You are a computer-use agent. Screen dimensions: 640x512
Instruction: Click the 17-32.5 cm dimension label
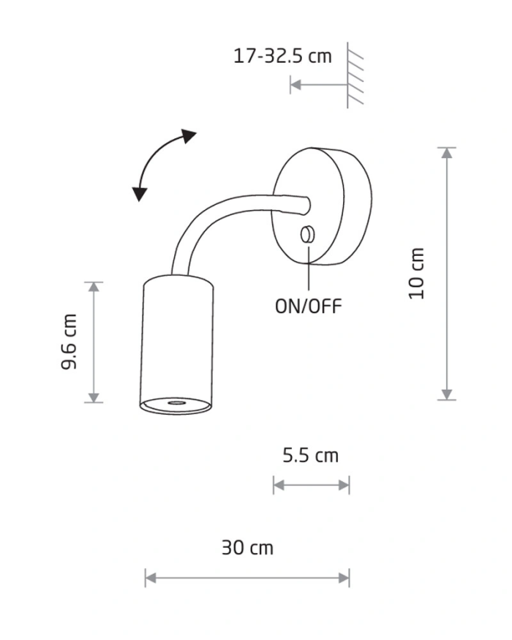[x=282, y=56]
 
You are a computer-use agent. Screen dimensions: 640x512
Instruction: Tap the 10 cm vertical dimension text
[x=417, y=274]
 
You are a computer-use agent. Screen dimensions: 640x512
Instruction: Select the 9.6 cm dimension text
[x=69, y=342]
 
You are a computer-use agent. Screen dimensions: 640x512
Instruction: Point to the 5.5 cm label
[x=311, y=456]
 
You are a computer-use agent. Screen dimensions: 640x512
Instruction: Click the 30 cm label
[x=247, y=547]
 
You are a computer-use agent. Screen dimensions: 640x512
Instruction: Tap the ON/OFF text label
[x=308, y=306]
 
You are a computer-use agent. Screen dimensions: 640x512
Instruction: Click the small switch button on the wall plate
[x=308, y=234]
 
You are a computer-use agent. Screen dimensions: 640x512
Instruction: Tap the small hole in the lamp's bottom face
[x=176, y=402]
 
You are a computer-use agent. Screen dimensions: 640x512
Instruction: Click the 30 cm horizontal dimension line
[x=247, y=578]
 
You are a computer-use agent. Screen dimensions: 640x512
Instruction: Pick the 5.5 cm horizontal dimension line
[x=311, y=484]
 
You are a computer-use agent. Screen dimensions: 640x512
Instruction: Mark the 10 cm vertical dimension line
[x=447, y=274]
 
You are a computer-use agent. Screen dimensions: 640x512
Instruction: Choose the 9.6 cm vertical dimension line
[x=93, y=342]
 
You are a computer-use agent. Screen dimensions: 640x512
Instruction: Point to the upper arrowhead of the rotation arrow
[x=189, y=136]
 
